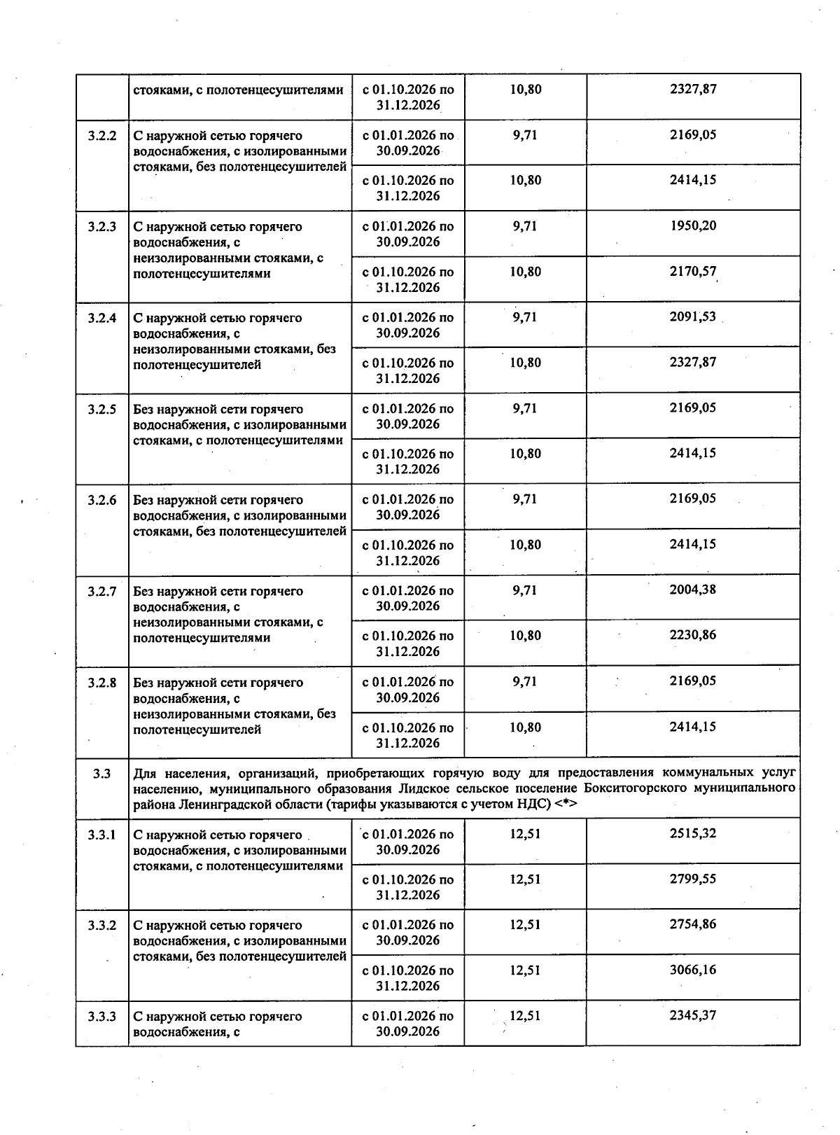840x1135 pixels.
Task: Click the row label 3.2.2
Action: click(x=101, y=136)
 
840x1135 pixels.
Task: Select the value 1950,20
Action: click(x=693, y=225)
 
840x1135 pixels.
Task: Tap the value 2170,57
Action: click(x=693, y=271)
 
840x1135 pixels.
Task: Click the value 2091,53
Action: click(x=693, y=316)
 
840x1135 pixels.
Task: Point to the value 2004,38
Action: click(x=693, y=590)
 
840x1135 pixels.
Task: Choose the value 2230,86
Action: click(x=693, y=635)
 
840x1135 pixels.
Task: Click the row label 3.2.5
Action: click(x=101, y=409)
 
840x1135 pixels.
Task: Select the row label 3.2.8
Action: click(x=101, y=682)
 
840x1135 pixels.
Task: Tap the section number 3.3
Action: click(x=101, y=774)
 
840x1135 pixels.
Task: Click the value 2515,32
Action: click(x=693, y=833)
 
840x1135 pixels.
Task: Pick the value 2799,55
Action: click(x=693, y=879)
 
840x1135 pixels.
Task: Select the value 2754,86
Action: click(x=693, y=924)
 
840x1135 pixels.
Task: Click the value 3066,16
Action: click(x=693, y=970)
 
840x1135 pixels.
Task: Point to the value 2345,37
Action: click(x=693, y=1015)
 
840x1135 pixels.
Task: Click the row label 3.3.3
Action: click(x=101, y=1016)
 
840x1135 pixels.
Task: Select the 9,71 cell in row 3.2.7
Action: click(x=525, y=590)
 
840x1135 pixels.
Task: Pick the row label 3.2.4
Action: click(x=101, y=318)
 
